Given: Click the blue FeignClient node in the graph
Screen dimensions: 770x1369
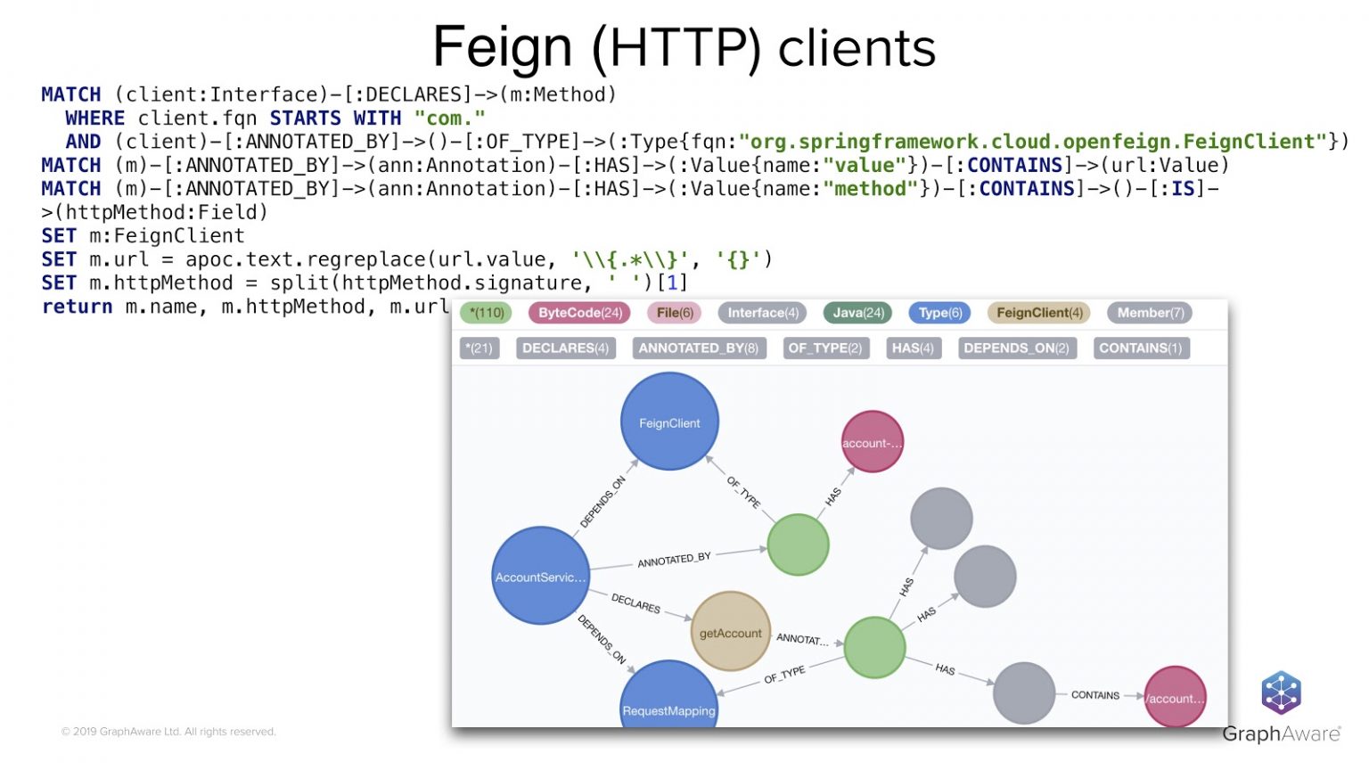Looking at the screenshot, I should coord(669,422).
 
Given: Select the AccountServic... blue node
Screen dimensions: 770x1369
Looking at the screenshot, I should coord(540,576).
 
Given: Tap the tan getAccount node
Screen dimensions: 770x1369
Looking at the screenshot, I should coord(730,632).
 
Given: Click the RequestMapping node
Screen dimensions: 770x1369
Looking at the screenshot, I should coord(668,700).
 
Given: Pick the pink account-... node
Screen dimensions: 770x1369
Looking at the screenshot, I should coord(872,442).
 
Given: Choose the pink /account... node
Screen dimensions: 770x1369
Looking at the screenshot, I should coord(1175,697).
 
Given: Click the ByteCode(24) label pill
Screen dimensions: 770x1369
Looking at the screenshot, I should coord(579,313).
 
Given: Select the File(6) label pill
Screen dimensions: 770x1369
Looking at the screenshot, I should coord(675,313).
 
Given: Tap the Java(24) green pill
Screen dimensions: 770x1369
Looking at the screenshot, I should coord(857,313).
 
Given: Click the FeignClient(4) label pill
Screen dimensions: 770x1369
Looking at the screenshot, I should coord(1039,313).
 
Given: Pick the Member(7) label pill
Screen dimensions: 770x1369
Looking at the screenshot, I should coord(1150,313).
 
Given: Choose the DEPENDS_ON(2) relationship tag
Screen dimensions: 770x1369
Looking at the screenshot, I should coord(1015,348).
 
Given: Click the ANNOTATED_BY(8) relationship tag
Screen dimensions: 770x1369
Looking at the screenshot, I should coord(698,348).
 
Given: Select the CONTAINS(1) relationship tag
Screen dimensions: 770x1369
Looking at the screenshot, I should coord(1140,348).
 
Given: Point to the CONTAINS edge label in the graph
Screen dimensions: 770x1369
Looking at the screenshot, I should coord(1094,695).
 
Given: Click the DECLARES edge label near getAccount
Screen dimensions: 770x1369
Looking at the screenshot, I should coord(635,603).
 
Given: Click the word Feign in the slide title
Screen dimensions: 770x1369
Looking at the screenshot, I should coord(502,47).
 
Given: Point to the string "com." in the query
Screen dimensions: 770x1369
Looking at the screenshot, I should coord(449,119).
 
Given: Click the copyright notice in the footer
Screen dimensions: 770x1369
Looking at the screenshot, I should coord(168,732).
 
